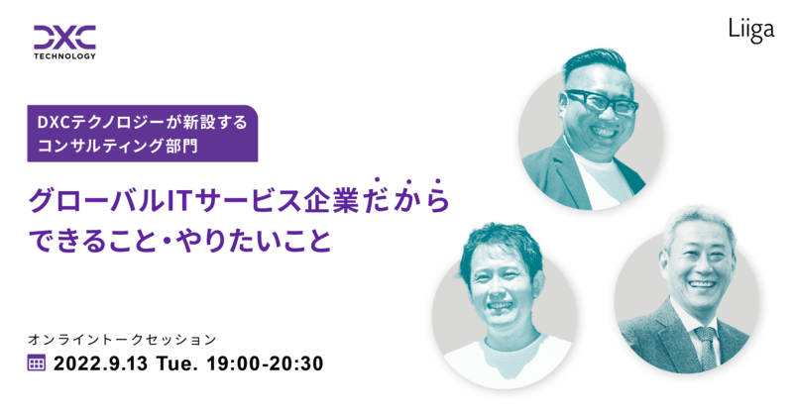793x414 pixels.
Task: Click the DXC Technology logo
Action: pos(64,40)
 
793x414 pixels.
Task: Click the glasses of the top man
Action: pos(603,102)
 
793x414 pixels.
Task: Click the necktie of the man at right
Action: pos(704,344)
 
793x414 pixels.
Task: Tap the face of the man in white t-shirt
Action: pos(506,287)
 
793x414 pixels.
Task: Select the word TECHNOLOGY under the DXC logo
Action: pos(64,56)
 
